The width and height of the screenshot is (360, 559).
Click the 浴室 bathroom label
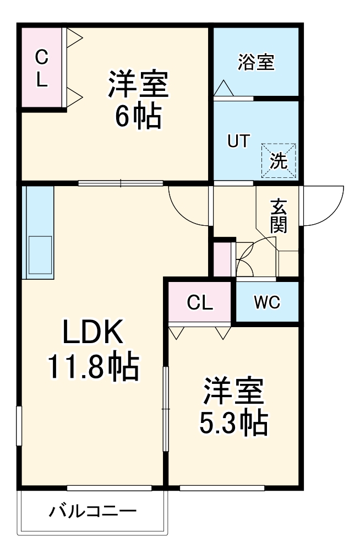coord(256,62)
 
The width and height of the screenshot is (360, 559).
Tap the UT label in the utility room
coord(239,141)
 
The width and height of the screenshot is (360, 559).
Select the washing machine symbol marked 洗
coord(279,161)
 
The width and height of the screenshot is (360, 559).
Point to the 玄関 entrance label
coord(279,216)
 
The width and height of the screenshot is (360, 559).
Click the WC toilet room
coord(267,302)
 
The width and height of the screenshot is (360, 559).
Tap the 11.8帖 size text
coord(92,367)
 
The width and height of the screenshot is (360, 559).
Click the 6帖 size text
coord(138,115)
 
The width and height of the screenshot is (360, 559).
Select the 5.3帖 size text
coord(233,422)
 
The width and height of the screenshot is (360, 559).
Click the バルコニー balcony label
coord(92,512)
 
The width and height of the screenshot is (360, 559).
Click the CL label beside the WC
coord(200,302)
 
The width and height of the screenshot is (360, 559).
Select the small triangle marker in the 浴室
coord(223,88)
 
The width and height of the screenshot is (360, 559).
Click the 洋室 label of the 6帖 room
coord(138,84)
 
